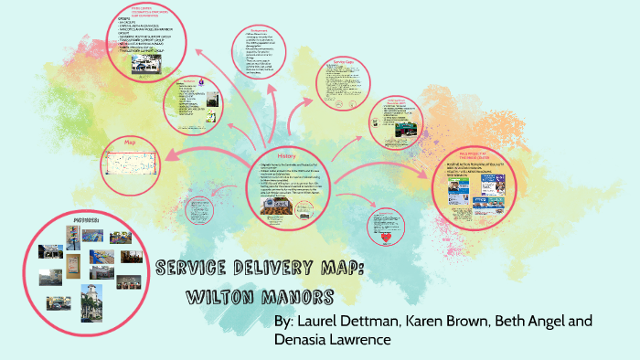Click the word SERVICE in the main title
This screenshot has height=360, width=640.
(192, 268)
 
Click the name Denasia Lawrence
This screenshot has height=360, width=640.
(334, 340)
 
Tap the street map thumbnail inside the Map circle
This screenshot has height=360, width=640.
(134, 164)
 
